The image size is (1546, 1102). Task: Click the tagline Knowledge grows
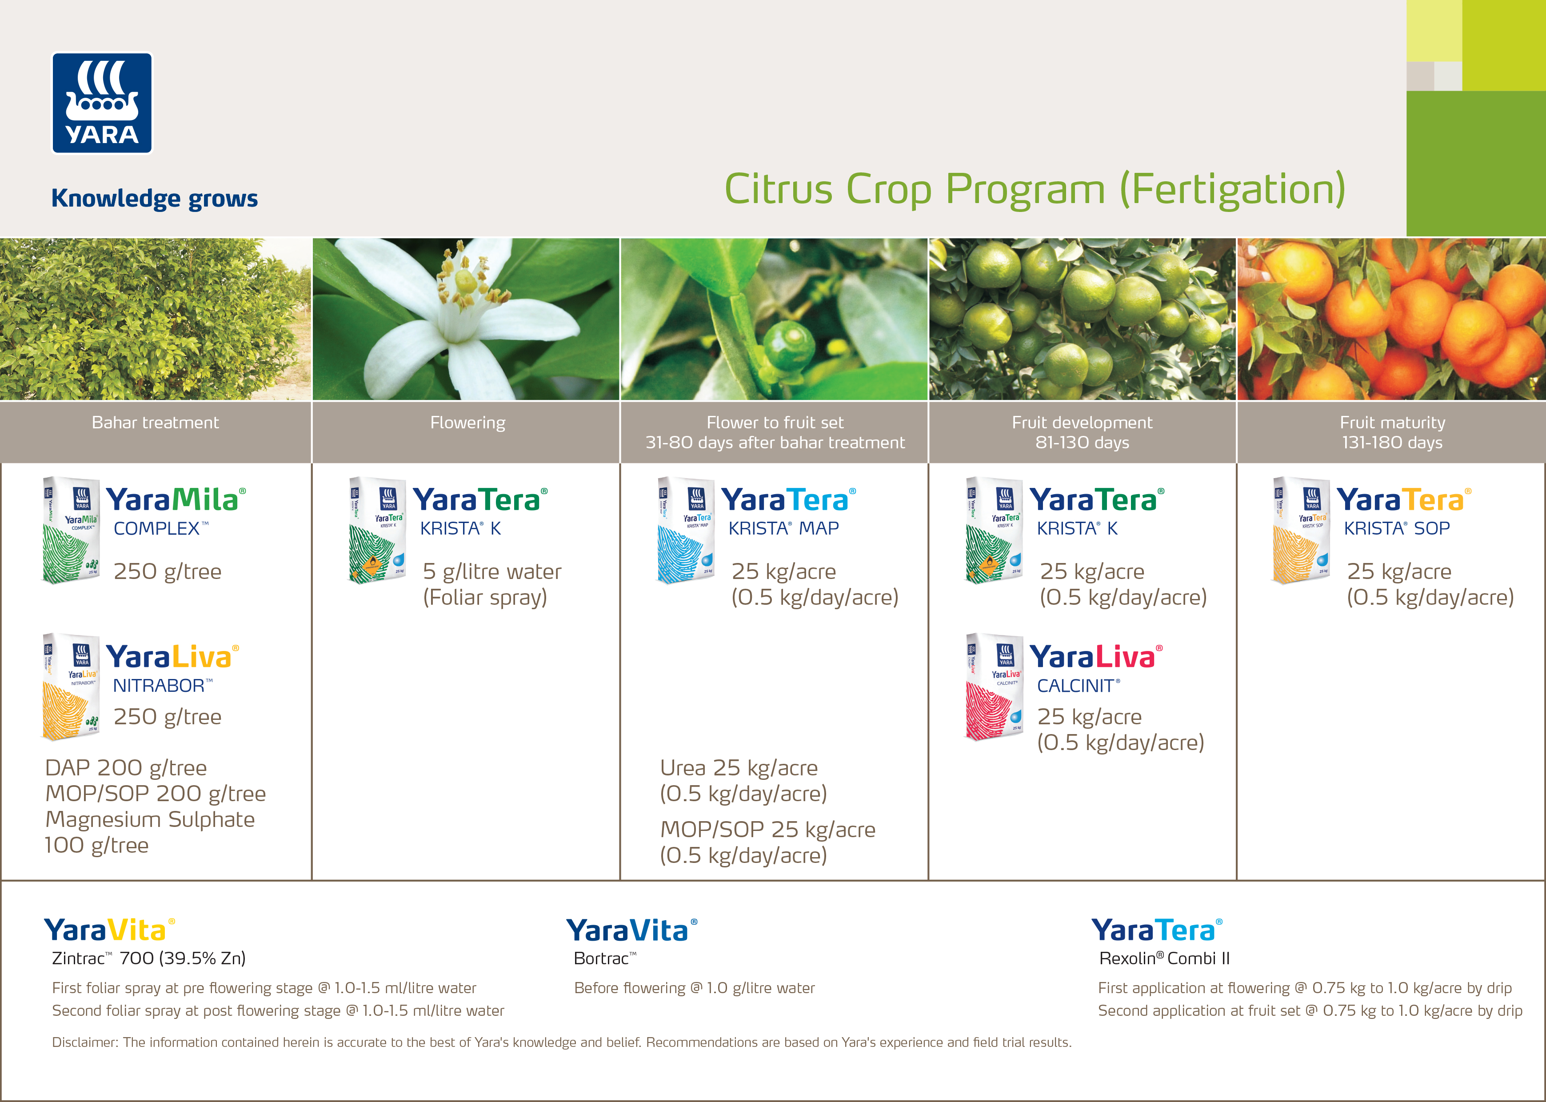(x=155, y=199)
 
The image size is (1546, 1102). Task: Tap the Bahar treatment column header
(x=156, y=423)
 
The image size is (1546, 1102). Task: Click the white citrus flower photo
(x=466, y=319)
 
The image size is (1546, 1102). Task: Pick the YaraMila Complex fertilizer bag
(x=71, y=530)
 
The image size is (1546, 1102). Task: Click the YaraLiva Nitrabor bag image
(x=71, y=687)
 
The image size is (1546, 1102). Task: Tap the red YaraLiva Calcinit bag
(x=994, y=687)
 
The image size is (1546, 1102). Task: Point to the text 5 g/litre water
(x=492, y=571)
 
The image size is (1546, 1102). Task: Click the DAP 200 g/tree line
(x=126, y=767)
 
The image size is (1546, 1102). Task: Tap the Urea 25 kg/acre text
(x=739, y=767)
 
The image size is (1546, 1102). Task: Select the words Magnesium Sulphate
(x=150, y=820)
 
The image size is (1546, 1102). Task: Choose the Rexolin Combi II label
(x=1165, y=958)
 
